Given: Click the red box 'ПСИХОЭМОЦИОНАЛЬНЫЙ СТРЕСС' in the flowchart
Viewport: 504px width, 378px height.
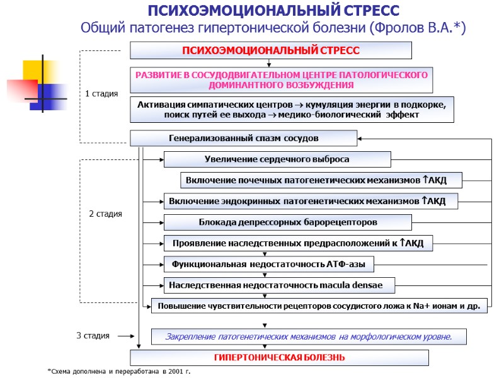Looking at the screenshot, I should click(270, 50).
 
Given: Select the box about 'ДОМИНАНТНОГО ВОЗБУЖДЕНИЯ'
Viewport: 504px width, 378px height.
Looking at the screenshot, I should click(281, 79).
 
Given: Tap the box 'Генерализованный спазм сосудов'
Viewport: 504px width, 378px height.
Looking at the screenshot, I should click(243, 138).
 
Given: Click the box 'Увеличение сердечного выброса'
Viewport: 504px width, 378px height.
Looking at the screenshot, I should click(277, 159).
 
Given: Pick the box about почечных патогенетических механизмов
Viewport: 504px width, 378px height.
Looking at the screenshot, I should click(321, 180).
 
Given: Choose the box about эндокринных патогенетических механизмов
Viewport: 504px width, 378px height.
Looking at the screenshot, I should click(311, 202).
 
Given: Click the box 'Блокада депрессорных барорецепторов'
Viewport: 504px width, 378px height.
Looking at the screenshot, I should click(287, 222).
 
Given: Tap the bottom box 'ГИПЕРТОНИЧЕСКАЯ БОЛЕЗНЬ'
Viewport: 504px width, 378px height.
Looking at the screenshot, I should click(279, 358).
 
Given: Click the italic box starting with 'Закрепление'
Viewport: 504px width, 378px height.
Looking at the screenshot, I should click(309, 337).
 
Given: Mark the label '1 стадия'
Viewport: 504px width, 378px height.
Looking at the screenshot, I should click(101, 94).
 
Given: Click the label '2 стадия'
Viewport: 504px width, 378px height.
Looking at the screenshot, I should click(105, 214).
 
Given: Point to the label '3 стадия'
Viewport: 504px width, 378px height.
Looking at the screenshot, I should click(93, 336).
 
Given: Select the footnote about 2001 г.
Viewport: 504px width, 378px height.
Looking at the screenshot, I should click(119, 372).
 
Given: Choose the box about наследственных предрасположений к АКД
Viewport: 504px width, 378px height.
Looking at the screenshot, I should click(298, 243).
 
